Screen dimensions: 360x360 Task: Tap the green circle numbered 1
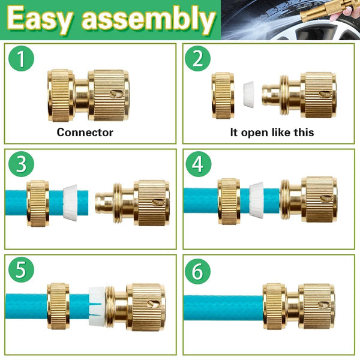pos(22,59)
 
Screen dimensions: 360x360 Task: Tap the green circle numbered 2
pos(197,59)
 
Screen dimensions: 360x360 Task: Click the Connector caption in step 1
pos(85,132)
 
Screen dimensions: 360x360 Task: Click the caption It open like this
pos(272,132)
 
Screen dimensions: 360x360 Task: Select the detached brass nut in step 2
pos(223,95)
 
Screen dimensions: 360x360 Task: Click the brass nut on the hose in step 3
pos(38,203)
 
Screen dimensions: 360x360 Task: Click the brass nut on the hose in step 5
pos(58,307)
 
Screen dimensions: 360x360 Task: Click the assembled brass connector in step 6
pos(299,307)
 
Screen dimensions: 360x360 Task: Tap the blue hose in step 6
pos(222,307)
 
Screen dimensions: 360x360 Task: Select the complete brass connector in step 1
pos(88,95)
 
